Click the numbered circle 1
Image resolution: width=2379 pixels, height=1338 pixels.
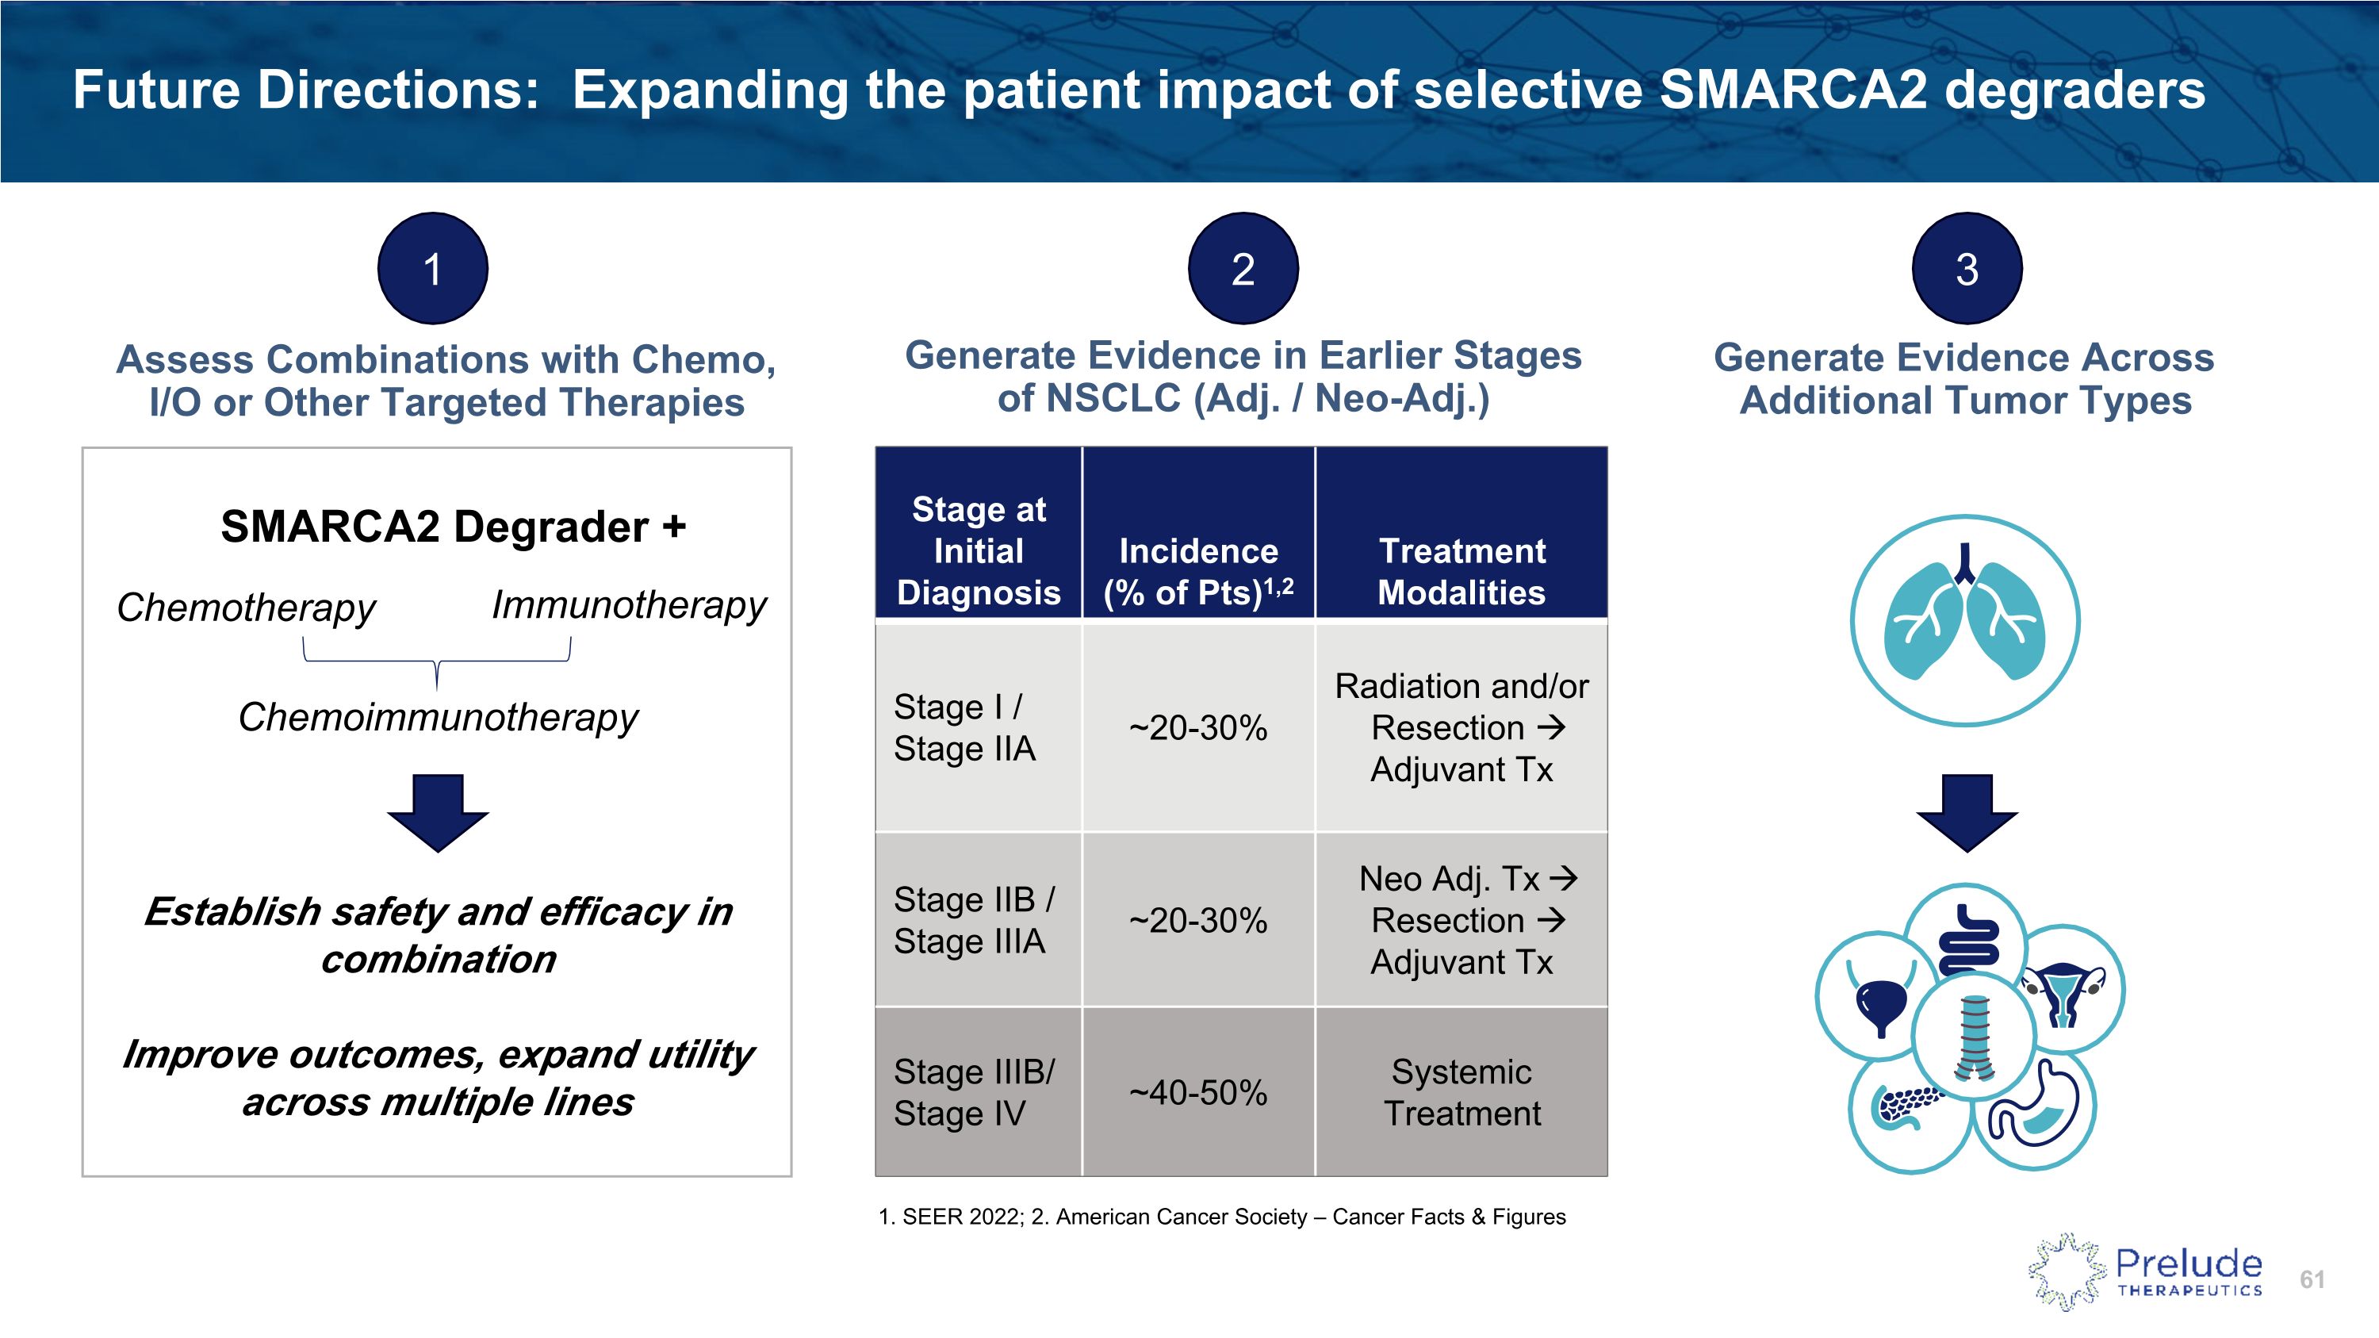432,269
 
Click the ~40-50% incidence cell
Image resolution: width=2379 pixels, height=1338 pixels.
1197,1092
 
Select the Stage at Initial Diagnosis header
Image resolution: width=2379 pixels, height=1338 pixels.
978,550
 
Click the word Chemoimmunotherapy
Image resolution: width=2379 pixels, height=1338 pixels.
438,718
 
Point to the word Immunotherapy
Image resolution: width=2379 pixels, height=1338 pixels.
629,605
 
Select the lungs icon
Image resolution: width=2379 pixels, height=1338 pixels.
1965,620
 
